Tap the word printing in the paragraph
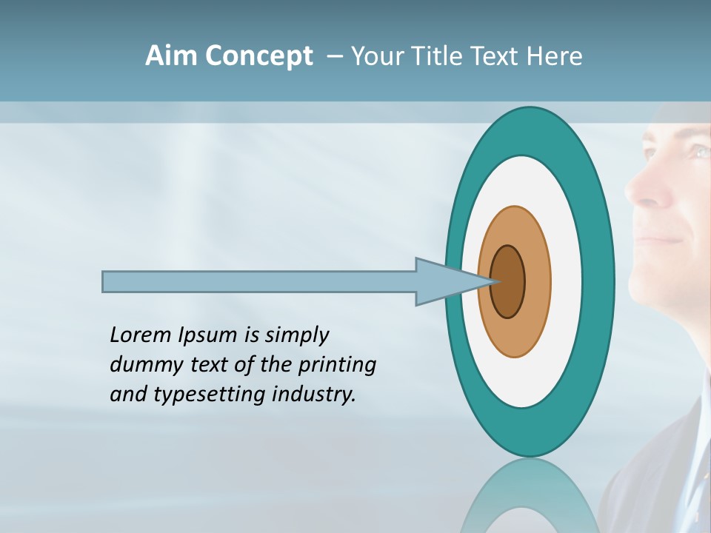pyautogui.click(x=337, y=366)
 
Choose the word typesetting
pyautogui.click(x=210, y=395)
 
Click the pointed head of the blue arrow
pyautogui.click(x=452, y=282)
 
